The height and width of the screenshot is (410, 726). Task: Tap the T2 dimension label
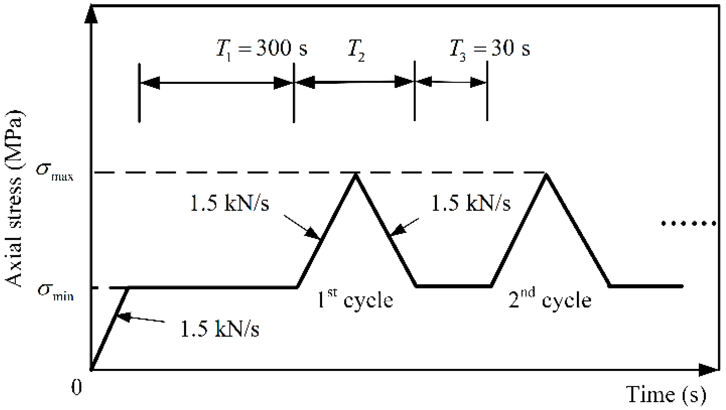357,50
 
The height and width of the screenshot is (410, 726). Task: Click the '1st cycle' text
355,299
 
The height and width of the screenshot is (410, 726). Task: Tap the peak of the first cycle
356,175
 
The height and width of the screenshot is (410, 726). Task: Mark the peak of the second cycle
546,175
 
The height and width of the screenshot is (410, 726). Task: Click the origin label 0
77,387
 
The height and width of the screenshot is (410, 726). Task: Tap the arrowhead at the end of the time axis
709,370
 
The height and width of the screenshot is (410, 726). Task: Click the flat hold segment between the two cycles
454,286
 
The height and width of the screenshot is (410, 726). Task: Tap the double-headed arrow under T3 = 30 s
451,82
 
